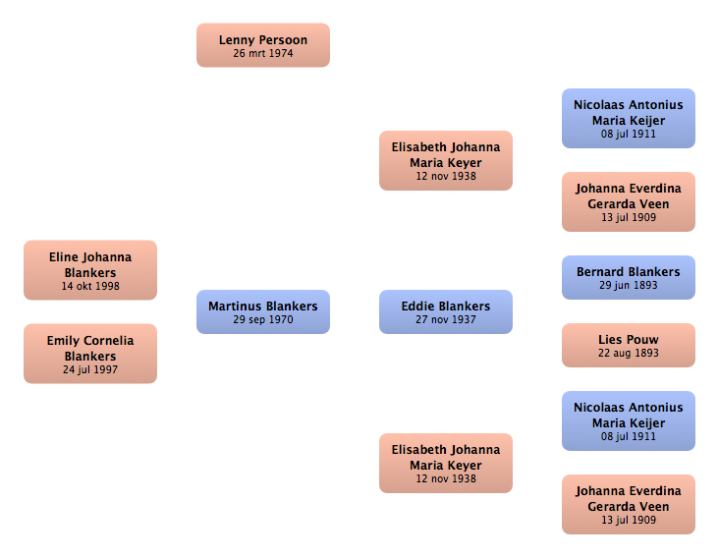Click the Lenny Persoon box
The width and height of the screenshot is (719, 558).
[x=262, y=45]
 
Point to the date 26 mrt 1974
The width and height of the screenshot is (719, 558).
[x=262, y=53]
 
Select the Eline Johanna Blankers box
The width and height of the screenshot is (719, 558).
[x=90, y=270]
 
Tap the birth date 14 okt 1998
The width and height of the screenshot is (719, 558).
[x=90, y=286]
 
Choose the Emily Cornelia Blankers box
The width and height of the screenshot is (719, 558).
[x=90, y=354]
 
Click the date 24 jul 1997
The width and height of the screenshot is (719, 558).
[x=90, y=369]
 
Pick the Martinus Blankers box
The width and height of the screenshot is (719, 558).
[x=262, y=311]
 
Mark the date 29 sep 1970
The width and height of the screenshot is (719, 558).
[x=262, y=319]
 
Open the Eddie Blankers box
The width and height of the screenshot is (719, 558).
[x=446, y=311]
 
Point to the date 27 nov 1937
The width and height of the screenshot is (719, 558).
[x=446, y=319]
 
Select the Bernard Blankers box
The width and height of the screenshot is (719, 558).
[x=629, y=277]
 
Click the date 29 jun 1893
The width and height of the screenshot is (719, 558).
[x=629, y=285]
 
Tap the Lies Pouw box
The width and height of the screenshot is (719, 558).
[x=629, y=345]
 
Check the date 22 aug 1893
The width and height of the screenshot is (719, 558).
[x=629, y=353]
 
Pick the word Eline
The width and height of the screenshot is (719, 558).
[x=64, y=257]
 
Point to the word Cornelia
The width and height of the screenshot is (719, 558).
[x=110, y=341]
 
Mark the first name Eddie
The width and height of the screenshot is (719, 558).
[x=416, y=307]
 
